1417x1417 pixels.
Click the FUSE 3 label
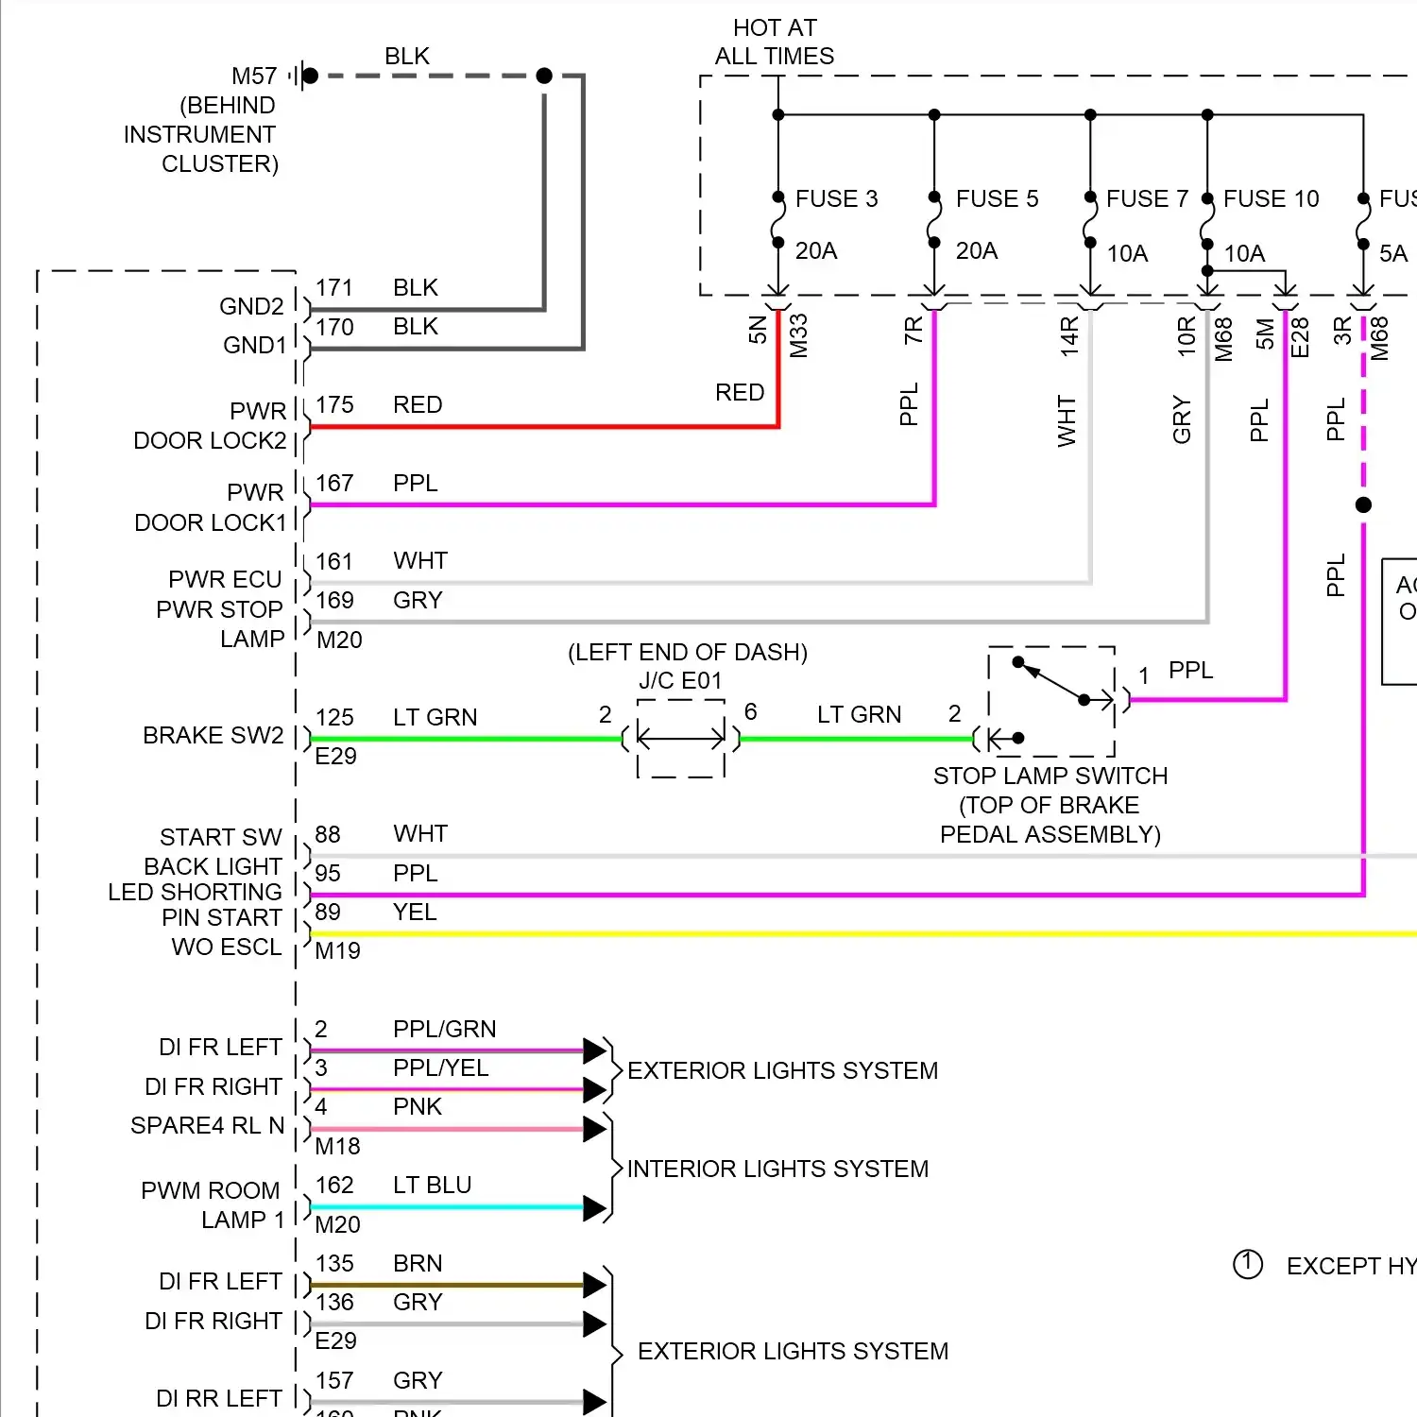(x=836, y=198)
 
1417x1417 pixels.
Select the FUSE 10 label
(x=1271, y=198)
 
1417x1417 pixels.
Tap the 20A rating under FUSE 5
(x=977, y=250)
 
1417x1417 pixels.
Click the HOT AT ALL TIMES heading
(x=775, y=43)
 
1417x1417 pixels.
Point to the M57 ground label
(x=254, y=76)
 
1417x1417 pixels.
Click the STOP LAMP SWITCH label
(x=1050, y=776)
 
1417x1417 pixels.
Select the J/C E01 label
(x=680, y=680)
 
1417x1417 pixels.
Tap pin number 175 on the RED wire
(x=334, y=405)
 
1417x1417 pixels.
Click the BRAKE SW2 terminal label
(x=213, y=735)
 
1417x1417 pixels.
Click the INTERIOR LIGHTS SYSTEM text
(x=777, y=1169)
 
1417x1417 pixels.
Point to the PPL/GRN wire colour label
(x=444, y=1029)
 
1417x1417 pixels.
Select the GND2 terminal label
(x=251, y=306)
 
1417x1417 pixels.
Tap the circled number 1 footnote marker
(x=1247, y=1264)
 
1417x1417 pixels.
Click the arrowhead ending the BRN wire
(x=594, y=1285)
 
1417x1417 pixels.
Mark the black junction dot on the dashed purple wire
(x=1363, y=504)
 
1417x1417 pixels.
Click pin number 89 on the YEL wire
(x=328, y=912)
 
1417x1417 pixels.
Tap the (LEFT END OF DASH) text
(x=687, y=652)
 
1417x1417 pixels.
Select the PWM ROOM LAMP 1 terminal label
(x=212, y=1204)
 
